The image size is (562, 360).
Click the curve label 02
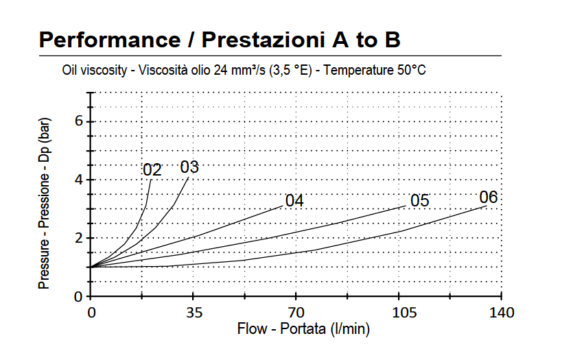[x=152, y=169]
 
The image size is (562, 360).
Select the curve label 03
[x=189, y=167]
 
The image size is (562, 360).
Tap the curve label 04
[x=294, y=201]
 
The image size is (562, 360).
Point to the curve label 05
[x=419, y=201]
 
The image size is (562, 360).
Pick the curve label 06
[x=489, y=197]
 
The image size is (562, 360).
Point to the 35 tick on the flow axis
[x=194, y=313]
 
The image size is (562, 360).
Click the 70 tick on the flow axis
[x=296, y=313]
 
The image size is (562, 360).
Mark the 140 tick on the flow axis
[x=502, y=313]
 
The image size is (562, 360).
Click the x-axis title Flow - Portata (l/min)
[x=303, y=329]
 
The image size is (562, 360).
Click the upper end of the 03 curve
[x=188, y=177]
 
